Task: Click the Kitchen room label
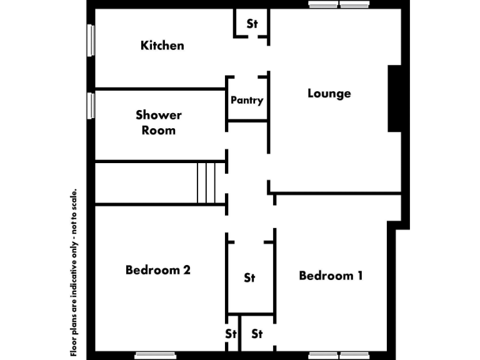(162, 45)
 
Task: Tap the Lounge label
(329, 94)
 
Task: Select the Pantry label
(247, 100)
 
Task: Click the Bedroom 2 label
(158, 270)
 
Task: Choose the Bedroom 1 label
(331, 276)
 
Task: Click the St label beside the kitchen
(252, 24)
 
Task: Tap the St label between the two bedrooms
(249, 277)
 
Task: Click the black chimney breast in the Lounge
(394, 98)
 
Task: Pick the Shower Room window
(91, 104)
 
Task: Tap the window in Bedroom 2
(156, 356)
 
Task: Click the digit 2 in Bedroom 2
(186, 270)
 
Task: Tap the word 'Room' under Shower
(159, 131)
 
